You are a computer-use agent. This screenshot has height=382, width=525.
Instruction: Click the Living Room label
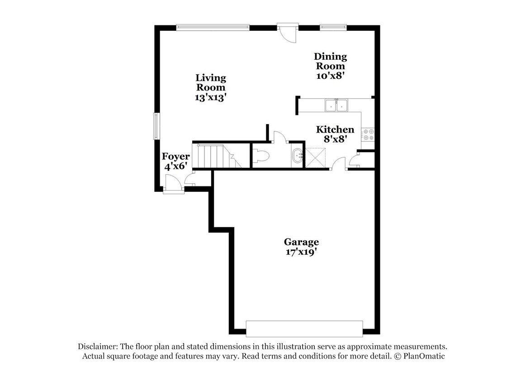[211, 82]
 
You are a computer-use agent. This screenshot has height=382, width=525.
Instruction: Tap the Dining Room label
[331, 61]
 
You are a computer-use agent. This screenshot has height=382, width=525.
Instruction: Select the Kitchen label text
[335, 130]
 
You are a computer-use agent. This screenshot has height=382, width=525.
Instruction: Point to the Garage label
[301, 242]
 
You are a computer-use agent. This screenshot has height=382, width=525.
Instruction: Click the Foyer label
[176, 157]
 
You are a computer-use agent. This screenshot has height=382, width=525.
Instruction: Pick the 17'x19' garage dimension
[301, 252]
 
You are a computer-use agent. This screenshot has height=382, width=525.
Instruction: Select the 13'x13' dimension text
[211, 97]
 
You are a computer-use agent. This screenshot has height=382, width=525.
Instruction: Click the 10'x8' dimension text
[331, 76]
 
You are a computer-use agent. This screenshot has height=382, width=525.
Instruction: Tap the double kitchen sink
[336, 106]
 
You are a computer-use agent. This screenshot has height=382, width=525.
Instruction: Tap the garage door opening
[304, 328]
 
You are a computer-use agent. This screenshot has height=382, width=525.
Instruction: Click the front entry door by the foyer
[174, 186]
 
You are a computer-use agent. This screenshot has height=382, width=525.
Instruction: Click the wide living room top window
[213, 27]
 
